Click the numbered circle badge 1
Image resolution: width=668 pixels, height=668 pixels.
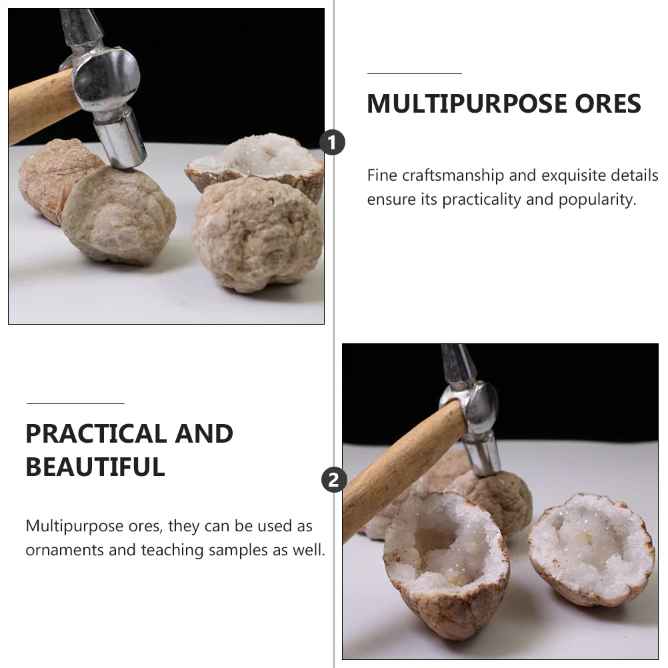point(332,142)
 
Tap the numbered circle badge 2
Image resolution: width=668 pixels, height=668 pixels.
point(334,480)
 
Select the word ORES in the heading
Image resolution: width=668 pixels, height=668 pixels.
point(608,103)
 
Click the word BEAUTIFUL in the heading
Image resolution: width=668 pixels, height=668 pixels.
point(95,467)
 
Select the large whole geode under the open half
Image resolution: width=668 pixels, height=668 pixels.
point(257,234)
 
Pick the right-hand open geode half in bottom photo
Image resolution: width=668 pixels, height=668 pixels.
point(591,549)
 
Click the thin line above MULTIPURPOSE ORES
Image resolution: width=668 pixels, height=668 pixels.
point(415,74)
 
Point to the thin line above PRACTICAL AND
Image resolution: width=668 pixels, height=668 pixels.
point(75,403)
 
